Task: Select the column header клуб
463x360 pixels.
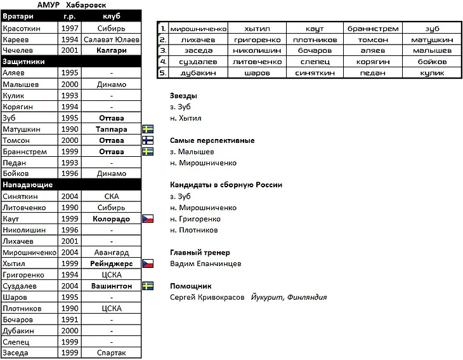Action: [112, 16]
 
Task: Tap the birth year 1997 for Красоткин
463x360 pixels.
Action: [70, 28]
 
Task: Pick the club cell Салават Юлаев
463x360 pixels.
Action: [112, 39]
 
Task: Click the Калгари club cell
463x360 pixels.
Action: [112, 50]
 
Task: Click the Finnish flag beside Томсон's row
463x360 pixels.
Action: [148, 140]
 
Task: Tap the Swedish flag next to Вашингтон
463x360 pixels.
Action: [148, 286]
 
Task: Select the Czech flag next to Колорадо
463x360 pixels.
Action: [148, 218]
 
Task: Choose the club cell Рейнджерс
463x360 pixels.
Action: [112, 263]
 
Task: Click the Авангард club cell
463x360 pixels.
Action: [112, 252]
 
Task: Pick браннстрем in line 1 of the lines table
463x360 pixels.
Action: [373, 29]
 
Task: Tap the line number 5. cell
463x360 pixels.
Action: [163, 73]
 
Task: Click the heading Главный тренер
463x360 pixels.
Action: [200, 252]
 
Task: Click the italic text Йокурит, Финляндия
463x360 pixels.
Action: [289, 297]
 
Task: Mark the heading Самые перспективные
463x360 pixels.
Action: [212, 140]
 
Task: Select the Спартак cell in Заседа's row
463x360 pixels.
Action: [112, 353]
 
